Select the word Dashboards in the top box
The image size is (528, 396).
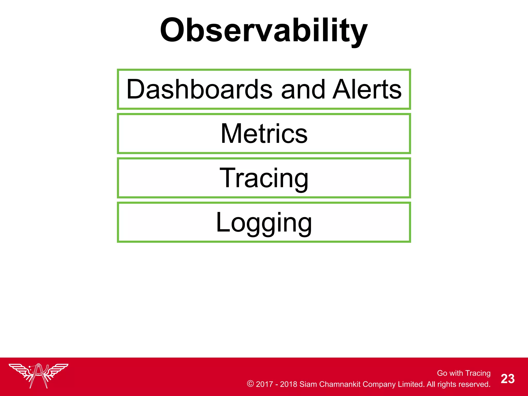point(199,89)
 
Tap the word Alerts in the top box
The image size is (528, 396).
point(367,89)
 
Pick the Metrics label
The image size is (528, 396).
point(264,134)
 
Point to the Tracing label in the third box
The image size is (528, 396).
point(264,178)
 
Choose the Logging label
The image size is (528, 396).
point(264,222)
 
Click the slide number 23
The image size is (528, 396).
point(507,379)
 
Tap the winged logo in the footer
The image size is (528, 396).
point(39,375)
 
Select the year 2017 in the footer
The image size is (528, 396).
point(264,384)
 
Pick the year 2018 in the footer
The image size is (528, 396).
point(288,384)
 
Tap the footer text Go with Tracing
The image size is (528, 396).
point(464,373)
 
